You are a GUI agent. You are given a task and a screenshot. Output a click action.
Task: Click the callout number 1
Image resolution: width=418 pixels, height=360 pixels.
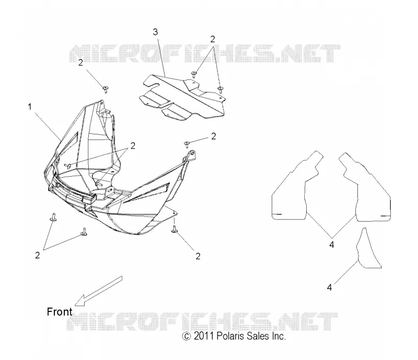tap(30, 107)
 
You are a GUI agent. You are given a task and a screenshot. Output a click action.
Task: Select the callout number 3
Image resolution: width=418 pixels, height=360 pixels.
tap(155, 32)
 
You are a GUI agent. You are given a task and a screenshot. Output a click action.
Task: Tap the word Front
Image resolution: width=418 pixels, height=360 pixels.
tap(60, 312)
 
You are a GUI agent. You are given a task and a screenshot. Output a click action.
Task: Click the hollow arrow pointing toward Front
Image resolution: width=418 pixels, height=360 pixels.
tap(99, 291)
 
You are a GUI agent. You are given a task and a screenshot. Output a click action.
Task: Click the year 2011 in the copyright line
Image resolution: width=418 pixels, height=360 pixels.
tap(204, 336)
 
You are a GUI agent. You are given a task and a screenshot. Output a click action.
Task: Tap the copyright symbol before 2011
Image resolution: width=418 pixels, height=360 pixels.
tap(187, 336)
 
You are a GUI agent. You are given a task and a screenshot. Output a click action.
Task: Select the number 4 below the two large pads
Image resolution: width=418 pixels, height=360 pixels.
tap(332, 244)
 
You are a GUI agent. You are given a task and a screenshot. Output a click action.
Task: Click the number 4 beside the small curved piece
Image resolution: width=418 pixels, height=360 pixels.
tap(330, 287)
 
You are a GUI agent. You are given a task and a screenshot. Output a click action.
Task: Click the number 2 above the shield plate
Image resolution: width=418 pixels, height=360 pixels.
tap(213, 39)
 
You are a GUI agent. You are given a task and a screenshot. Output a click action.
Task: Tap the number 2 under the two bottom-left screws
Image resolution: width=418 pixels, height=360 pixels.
tap(37, 255)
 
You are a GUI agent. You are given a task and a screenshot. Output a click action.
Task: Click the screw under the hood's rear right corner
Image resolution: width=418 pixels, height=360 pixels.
tap(175, 229)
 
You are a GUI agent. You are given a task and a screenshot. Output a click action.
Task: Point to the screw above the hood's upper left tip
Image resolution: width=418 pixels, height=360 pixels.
tap(106, 89)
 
